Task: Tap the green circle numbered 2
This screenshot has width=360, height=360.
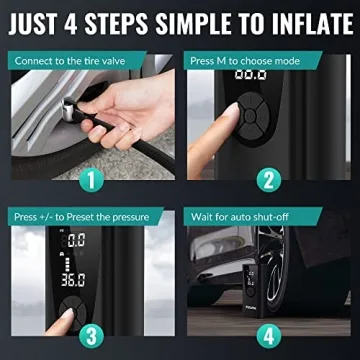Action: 267,181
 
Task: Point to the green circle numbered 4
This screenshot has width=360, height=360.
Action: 267,336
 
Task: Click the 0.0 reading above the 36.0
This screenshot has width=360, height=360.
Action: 76,240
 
